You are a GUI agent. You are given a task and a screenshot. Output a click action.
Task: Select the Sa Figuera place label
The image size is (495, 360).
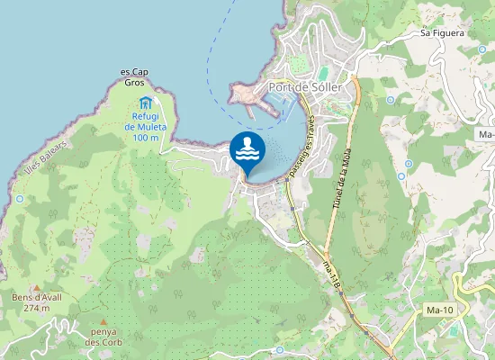pyautogui.click(x=442, y=33)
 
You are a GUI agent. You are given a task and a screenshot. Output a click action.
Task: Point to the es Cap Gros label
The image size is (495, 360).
pyautogui.click(x=133, y=76)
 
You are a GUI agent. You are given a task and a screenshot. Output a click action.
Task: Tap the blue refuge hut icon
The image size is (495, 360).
pyautogui.click(x=145, y=101)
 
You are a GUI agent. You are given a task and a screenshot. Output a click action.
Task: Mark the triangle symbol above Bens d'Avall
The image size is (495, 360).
pyautogui.click(x=36, y=287)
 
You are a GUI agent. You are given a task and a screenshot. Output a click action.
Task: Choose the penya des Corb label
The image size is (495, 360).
pyautogui.click(x=103, y=337)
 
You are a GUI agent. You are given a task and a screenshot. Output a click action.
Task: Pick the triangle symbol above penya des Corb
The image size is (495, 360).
pyautogui.click(x=103, y=321)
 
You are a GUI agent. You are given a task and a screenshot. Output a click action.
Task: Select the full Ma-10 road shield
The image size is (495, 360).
pyautogui.click(x=438, y=310)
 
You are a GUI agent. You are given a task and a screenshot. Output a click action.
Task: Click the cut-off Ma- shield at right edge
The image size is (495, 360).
pyautogui.click(x=486, y=134)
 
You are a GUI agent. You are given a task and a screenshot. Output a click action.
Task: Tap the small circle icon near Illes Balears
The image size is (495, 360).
pyautogui.click(x=20, y=199)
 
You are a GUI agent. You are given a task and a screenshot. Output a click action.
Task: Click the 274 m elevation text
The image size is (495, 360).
pyautogui.click(x=36, y=308)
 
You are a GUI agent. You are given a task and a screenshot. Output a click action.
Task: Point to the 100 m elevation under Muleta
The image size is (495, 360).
pyautogui.click(x=145, y=137)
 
